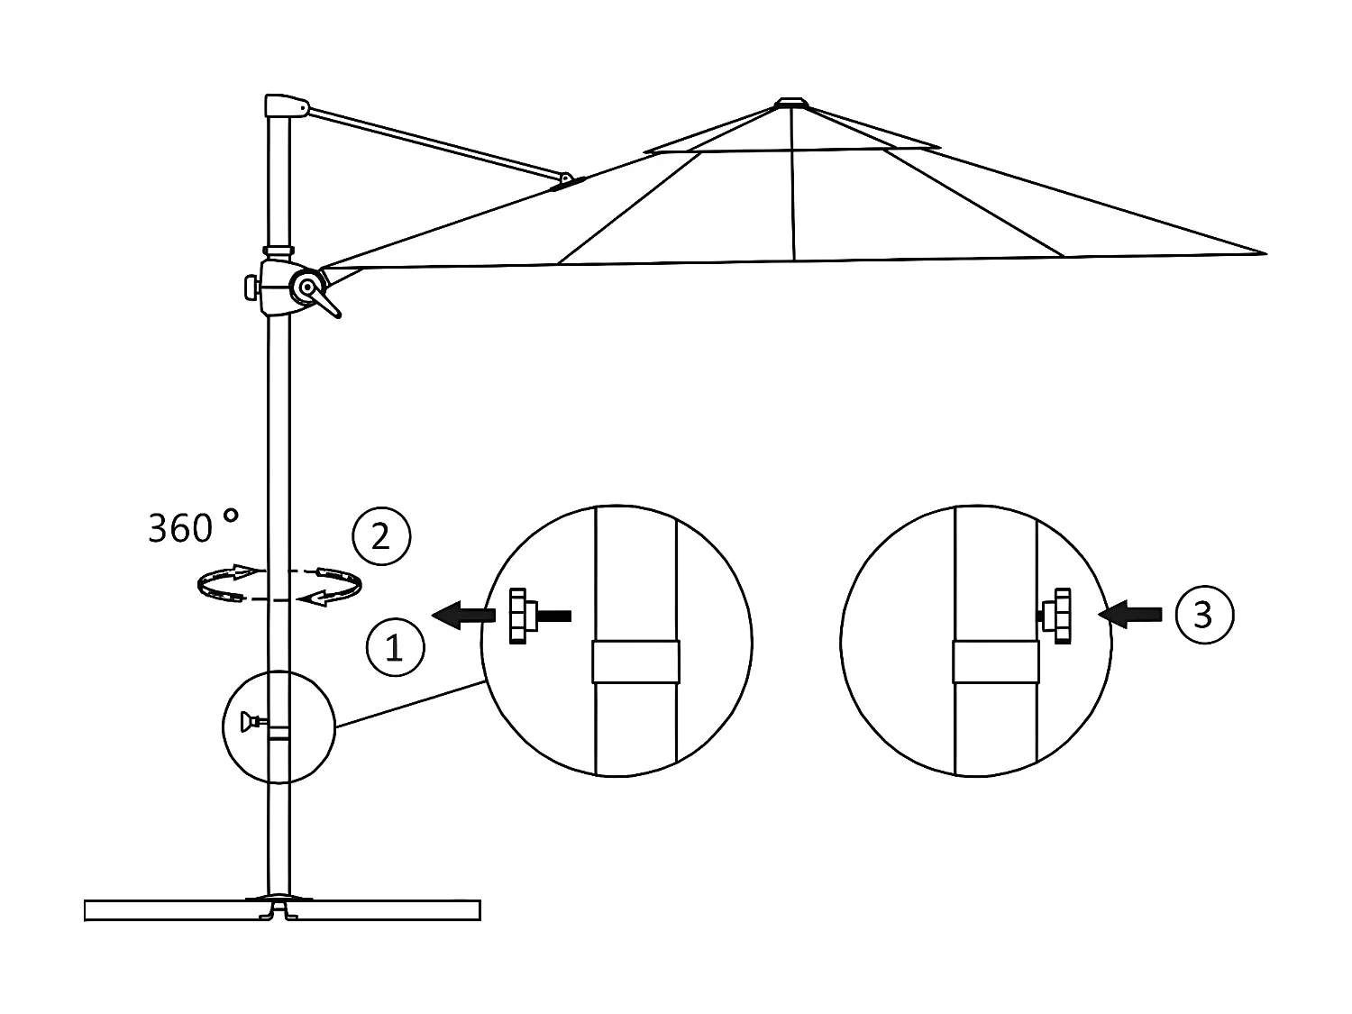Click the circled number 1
point(394,647)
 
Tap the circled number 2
point(380,537)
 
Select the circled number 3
point(1203,615)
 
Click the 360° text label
point(193,527)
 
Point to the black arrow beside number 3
point(1130,615)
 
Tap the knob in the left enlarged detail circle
point(520,616)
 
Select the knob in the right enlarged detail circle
point(1059,617)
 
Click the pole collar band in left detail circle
point(635,662)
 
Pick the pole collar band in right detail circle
point(996,662)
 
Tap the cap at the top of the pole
point(285,105)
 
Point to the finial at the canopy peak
point(791,104)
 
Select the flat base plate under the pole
point(281,910)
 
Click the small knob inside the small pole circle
point(249,721)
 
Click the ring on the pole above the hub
point(278,250)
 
